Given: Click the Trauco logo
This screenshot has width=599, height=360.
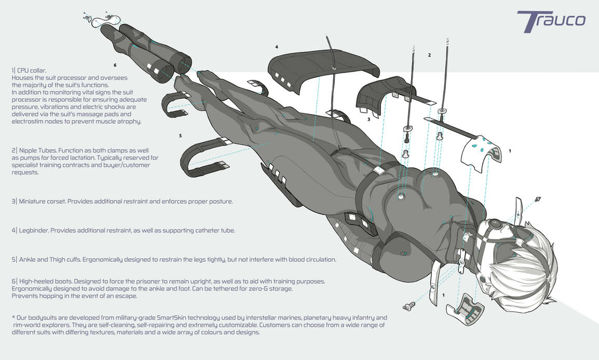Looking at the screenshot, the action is [551, 21].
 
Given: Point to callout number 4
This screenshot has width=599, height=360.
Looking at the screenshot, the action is [277, 47].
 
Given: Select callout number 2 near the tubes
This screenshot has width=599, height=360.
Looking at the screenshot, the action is [429, 55].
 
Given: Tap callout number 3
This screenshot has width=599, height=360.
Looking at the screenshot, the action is [369, 119].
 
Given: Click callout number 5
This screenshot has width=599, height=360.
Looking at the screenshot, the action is [180, 136].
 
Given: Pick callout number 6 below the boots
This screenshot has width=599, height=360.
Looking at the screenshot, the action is [115, 65].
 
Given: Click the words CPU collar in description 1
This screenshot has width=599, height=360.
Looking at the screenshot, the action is [31, 70].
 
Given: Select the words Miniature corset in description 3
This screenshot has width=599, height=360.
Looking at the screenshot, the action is [42, 202].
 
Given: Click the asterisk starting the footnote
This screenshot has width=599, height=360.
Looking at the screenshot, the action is [13, 317].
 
